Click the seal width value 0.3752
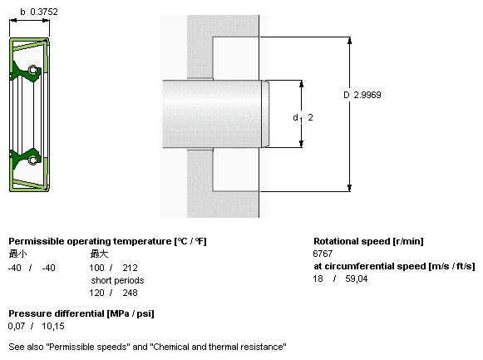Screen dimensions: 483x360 pyautogui.click(x=44, y=12)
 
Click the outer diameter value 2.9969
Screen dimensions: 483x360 pyautogui.click(x=367, y=95)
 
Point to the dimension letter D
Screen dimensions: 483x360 pyautogui.click(x=347, y=95)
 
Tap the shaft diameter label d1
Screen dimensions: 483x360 pyautogui.click(x=298, y=118)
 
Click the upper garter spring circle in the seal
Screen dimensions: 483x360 pyautogui.click(x=32, y=70)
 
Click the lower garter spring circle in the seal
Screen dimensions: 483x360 pyautogui.click(x=32, y=160)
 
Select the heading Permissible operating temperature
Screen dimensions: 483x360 pyautogui.click(x=90, y=241)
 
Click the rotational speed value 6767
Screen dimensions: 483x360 pyautogui.click(x=323, y=254)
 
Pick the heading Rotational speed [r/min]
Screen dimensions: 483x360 pyautogui.click(x=368, y=241)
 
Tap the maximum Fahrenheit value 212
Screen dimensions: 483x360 pyautogui.click(x=130, y=268)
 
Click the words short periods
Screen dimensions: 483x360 pyautogui.click(x=117, y=280)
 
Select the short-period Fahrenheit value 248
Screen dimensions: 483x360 pyautogui.click(x=130, y=293)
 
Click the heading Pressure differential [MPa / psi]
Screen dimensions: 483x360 pyautogui.click(x=81, y=313)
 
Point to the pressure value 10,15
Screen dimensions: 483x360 pyautogui.click(x=53, y=326)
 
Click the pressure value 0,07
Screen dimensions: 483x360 pyautogui.click(x=17, y=326)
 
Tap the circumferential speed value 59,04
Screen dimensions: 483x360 pyautogui.click(x=357, y=279)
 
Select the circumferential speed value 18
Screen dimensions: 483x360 pyautogui.click(x=318, y=279)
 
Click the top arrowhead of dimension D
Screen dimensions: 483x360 pyautogui.click(x=349, y=41)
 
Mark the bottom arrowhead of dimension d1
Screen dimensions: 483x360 pyautogui.click(x=301, y=144)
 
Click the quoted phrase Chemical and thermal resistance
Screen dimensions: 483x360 pyautogui.click(x=219, y=347)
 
